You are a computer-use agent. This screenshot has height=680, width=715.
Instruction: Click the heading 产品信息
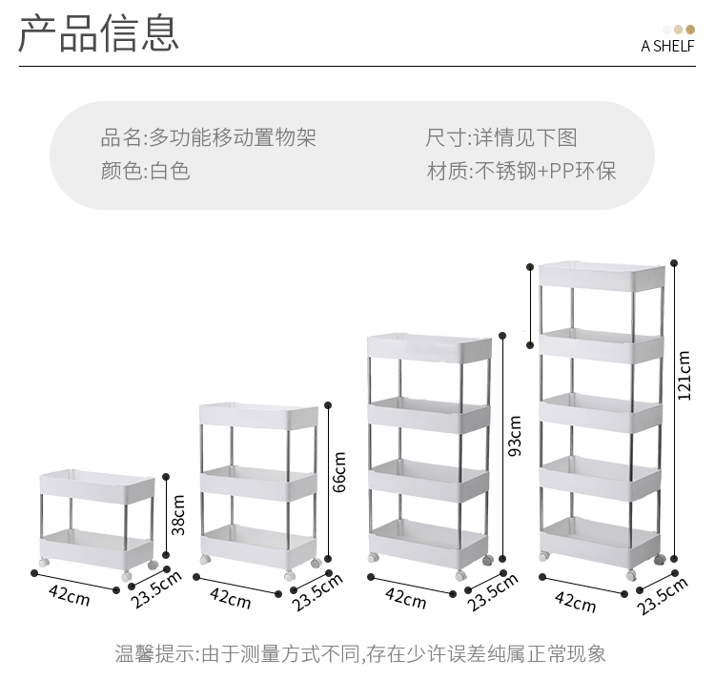(98, 33)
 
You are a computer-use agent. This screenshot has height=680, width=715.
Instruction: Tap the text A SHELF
(667, 46)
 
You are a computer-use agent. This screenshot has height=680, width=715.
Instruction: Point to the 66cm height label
(340, 470)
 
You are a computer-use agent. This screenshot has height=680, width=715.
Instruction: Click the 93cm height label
(515, 436)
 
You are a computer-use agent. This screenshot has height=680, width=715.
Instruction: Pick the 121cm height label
(684, 376)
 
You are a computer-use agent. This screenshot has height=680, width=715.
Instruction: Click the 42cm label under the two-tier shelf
(70, 595)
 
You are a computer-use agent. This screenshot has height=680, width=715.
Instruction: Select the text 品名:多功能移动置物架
(209, 137)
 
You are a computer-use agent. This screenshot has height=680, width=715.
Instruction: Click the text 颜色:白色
(146, 171)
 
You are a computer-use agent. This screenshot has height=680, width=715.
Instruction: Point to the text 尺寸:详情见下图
(501, 137)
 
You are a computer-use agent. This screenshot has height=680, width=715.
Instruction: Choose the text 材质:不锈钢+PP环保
(521, 171)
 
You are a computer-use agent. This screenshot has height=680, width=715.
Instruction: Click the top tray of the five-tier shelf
(601, 276)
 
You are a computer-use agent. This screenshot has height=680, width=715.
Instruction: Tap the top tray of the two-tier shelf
(97, 487)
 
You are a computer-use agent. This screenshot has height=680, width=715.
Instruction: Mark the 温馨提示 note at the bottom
(360, 653)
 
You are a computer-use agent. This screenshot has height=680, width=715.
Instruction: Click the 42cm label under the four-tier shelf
(405, 598)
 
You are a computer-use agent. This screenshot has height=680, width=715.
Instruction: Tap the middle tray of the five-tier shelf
(601, 412)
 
